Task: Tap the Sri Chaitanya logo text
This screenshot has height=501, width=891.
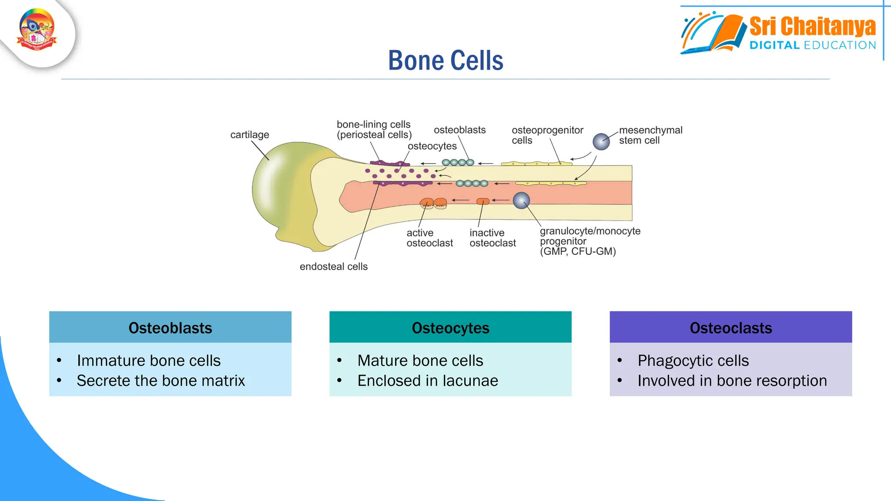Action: pos(812,27)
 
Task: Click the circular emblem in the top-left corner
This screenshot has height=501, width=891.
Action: pos(37,30)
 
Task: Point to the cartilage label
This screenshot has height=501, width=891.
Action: pos(249,135)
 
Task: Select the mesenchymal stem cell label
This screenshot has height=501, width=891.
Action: pos(650,135)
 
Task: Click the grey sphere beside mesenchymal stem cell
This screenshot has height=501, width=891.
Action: pos(601,142)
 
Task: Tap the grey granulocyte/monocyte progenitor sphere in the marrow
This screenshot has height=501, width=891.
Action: pos(521,200)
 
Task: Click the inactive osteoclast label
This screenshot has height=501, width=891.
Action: pos(492,238)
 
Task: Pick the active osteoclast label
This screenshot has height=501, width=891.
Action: pos(429,238)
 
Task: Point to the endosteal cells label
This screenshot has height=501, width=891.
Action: pos(333,267)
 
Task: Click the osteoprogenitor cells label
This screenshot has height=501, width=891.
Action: pos(547,135)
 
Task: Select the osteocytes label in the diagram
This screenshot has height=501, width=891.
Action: pos(432,146)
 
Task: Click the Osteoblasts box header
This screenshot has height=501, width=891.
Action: pos(170,327)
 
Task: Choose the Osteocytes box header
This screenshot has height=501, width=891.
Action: pos(450,327)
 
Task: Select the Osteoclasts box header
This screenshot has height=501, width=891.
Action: pos(730,327)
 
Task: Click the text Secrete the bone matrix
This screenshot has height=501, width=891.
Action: pos(161,381)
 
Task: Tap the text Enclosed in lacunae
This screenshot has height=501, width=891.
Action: pos(427,381)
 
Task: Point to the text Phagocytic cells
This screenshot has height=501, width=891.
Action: pos(693,361)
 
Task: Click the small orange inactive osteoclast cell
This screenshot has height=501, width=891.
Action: pos(482,201)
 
